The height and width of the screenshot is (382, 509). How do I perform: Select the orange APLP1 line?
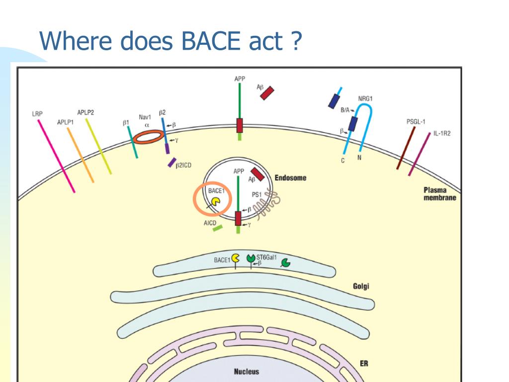click(80, 154)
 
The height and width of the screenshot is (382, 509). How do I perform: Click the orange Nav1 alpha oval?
click(149, 136)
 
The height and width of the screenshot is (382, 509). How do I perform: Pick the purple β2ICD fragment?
click(172, 162)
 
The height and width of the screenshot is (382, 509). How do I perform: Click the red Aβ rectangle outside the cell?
click(267, 93)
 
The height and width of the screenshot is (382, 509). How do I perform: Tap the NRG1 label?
click(365, 98)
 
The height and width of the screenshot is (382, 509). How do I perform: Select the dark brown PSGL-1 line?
click(406, 148)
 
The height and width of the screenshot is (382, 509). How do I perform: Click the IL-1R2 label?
click(441, 134)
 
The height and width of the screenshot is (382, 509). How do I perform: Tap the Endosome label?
click(290, 178)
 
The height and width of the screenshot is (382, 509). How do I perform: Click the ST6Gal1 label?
click(266, 257)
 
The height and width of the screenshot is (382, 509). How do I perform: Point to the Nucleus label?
click(247, 371)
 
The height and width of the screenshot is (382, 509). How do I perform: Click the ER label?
click(364, 363)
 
